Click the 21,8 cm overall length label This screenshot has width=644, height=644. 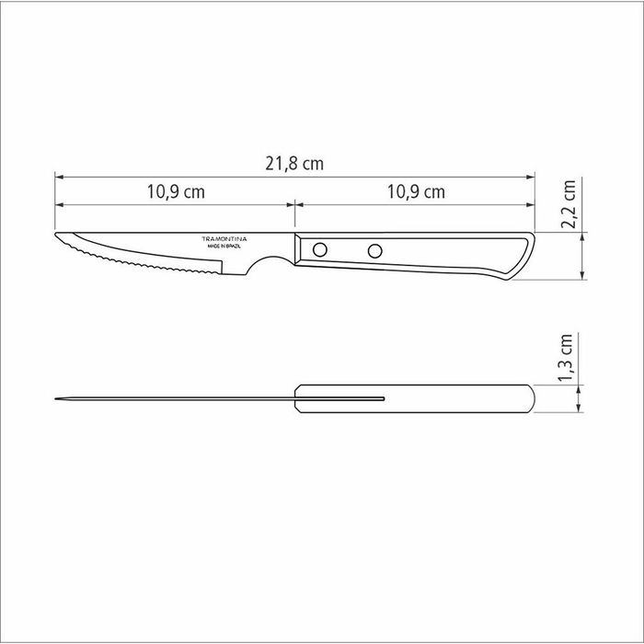tap(295, 164)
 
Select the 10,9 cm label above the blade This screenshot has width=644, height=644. tap(175, 192)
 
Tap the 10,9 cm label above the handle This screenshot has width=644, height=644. tap(415, 192)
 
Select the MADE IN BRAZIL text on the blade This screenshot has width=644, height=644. tap(225, 247)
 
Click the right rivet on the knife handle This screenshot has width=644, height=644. tap(374, 249)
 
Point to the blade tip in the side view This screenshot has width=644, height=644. tap(57, 236)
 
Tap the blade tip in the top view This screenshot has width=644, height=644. tap(57, 398)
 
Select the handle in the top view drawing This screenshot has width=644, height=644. tap(414, 398)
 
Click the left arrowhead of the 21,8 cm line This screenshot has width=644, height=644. tap(58, 174)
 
